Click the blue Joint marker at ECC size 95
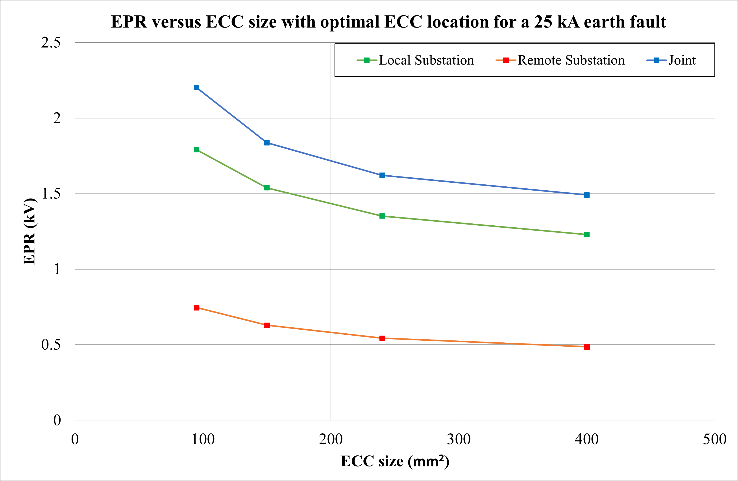tap(196, 87)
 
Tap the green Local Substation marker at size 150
tap(267, 188)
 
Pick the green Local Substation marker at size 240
tap(382, 216)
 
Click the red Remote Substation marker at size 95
tap(196, 308)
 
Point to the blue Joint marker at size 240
tap(382, 175)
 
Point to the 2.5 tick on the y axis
tap(51, 43)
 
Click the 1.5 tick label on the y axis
tap(51, 194)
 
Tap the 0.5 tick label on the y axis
tap(51, 344)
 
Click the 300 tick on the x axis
tap(459, 439)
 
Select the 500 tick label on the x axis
tap(714, 439)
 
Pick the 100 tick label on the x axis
tap(203, 439)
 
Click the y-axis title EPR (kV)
tap(30, 231)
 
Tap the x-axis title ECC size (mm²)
tap(395, 461)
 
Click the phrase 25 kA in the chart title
tap(557, 22)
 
